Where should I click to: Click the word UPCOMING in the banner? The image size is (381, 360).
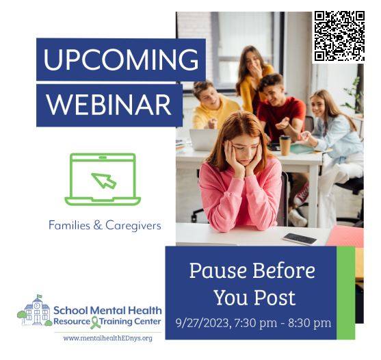click(121, 60)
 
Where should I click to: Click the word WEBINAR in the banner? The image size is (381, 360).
click(109, 105)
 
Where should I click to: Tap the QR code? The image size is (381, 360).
click(339, 36)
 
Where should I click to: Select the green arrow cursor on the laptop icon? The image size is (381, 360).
click(104, 181)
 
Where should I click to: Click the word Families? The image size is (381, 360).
click(70, 225)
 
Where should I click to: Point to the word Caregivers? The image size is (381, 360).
click(133, 226)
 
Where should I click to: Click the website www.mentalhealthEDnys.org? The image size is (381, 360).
click(108, 338)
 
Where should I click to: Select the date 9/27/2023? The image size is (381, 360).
click(202, 323)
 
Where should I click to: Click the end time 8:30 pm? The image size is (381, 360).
click(310, 323)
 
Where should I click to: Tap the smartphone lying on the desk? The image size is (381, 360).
click(300, 238)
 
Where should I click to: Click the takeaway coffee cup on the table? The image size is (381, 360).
click(285, 145)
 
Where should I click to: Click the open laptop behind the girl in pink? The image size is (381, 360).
click(204, 140)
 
